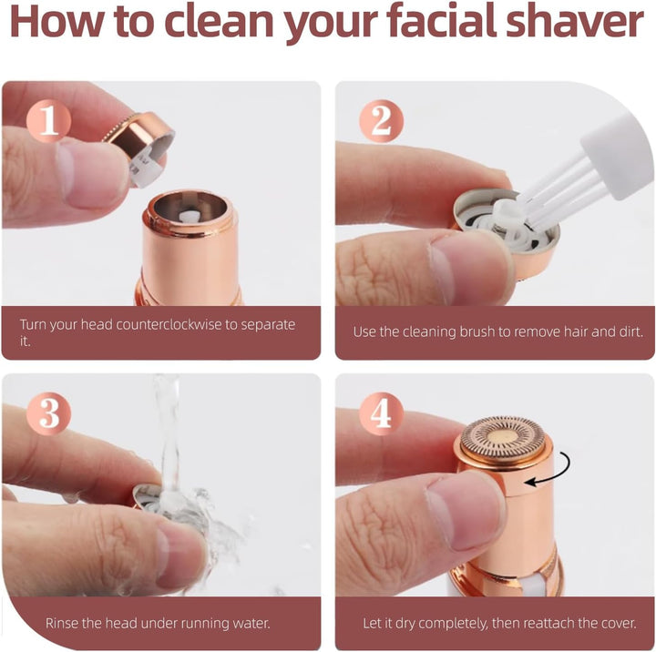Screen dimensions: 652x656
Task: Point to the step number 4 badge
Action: (x=381, y=414)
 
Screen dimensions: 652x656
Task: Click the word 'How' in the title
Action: (x=51, y=25)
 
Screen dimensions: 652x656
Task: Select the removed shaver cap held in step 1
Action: (x=138, y=146)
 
